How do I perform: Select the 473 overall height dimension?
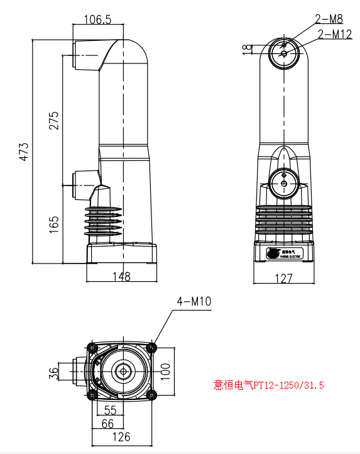point(24,152)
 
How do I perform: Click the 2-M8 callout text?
point(329,20)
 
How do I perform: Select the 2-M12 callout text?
point(334,34)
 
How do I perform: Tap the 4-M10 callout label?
point(194,302)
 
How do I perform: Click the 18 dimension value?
point(247,47)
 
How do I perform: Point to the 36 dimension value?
point(53,373)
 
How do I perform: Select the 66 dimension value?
point(109,423)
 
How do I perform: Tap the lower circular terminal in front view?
point(284,183)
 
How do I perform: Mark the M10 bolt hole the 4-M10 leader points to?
point(150,347)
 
